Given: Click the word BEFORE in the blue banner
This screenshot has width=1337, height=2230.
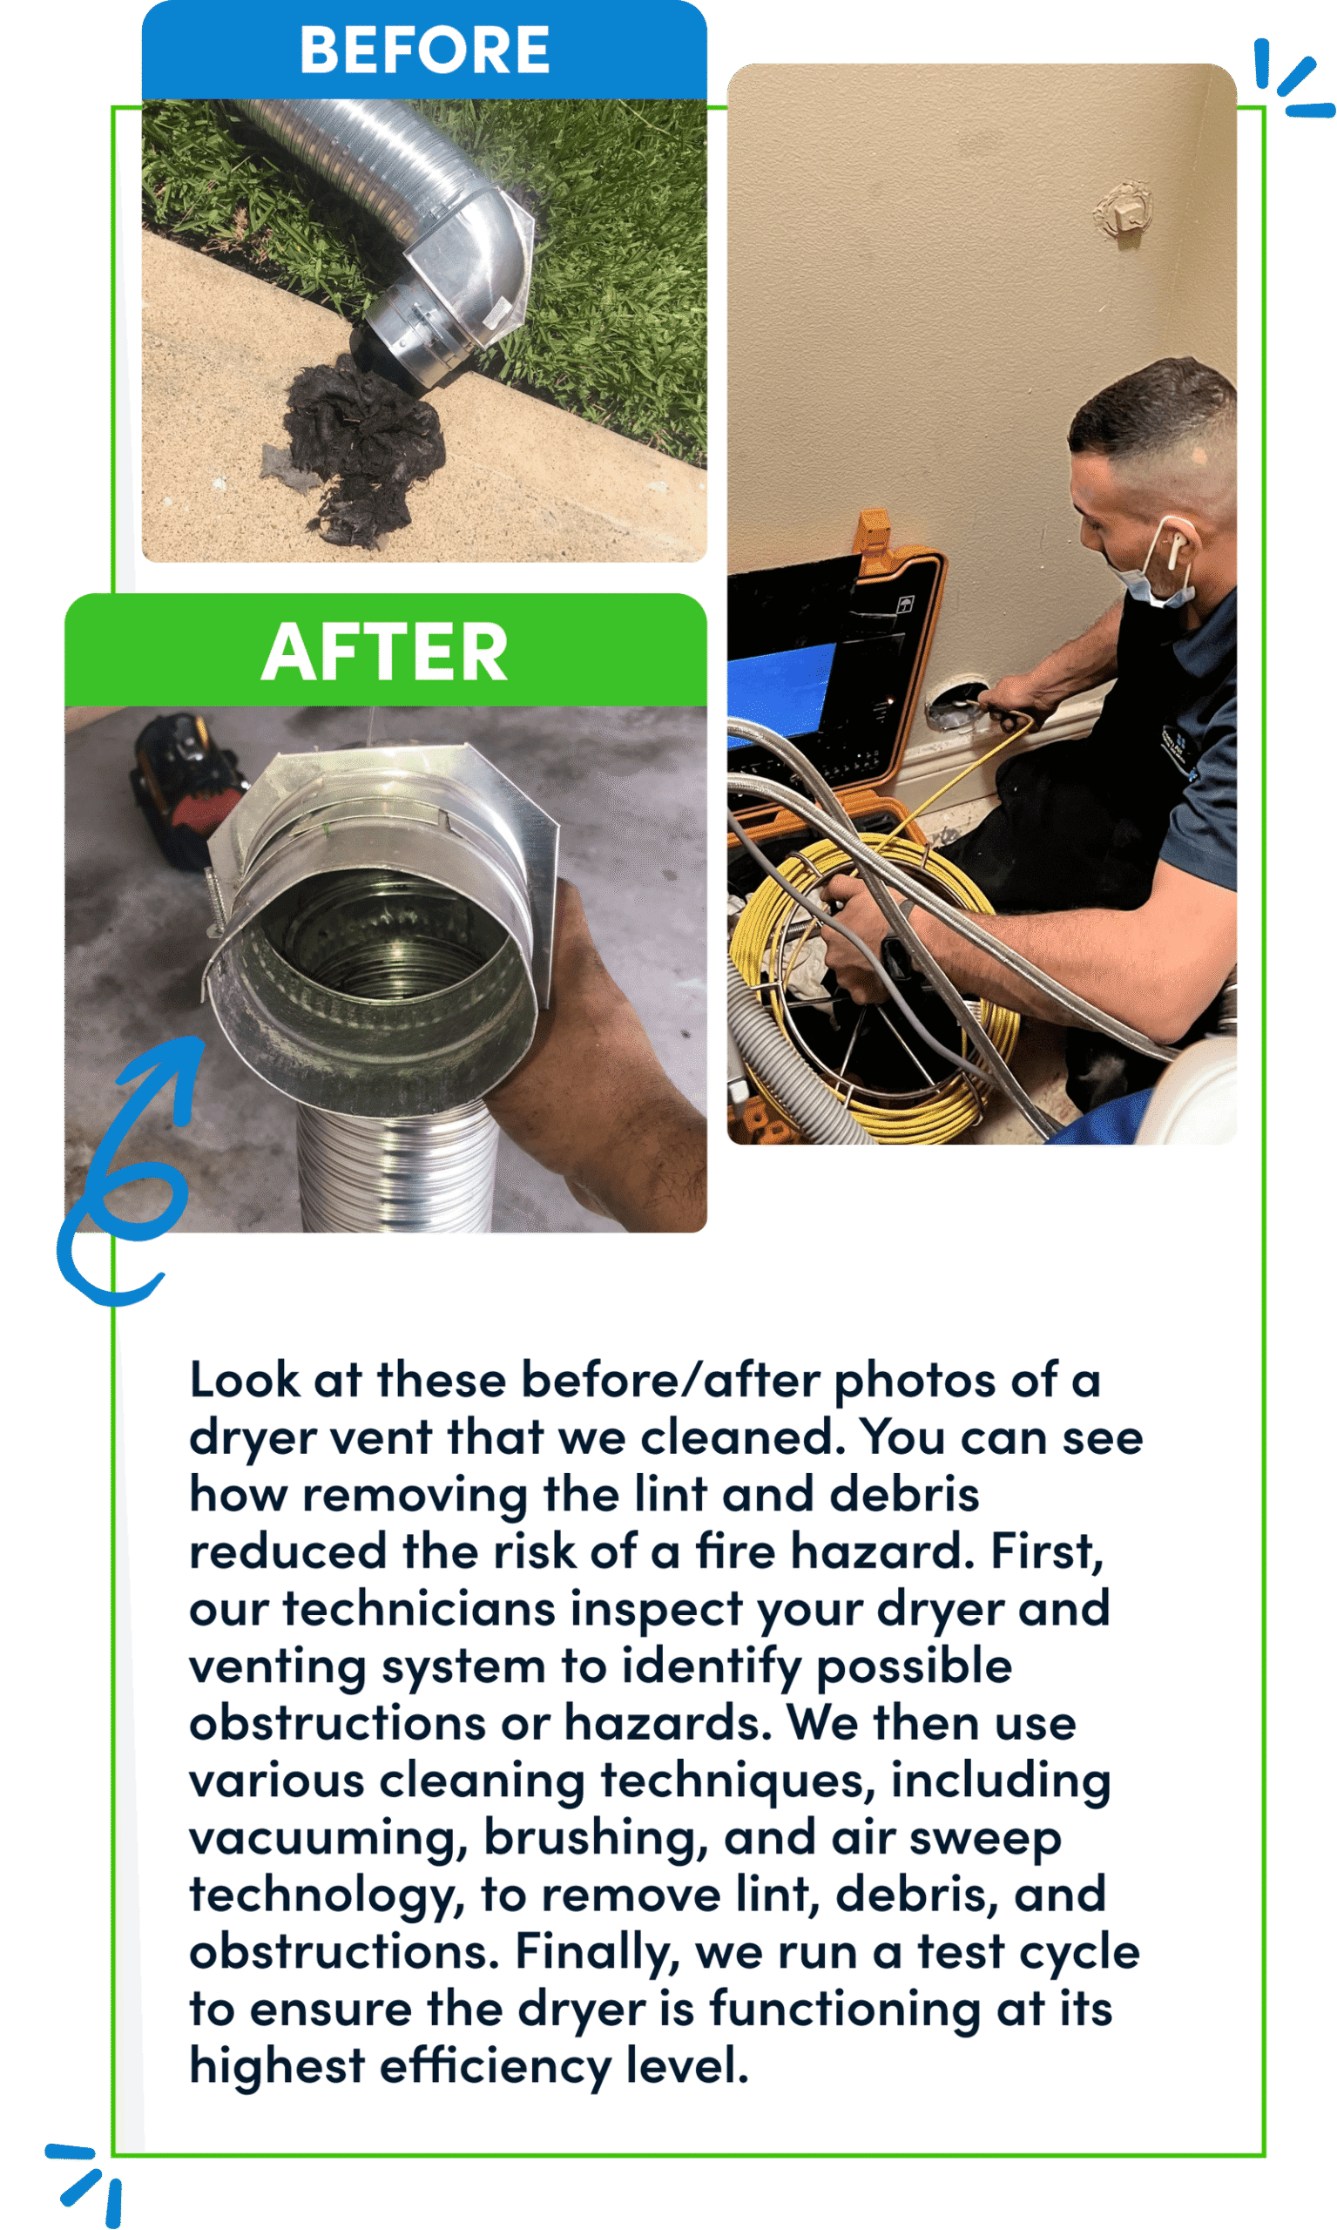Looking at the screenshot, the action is click(424, 50).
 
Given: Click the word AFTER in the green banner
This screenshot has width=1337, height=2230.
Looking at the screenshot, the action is click(385, 652).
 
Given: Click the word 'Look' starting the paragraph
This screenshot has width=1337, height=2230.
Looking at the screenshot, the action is click(244, 1382).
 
